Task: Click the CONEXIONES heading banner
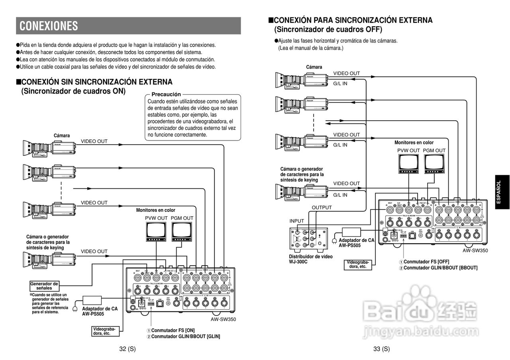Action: (x=128, y=26)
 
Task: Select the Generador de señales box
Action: (x=44, y=286)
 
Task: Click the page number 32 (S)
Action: (x=127, y=349)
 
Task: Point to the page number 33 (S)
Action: (x=381, y=349)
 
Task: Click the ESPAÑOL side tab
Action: (x=499, y=193)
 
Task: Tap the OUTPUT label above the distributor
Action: (x=322, y=207)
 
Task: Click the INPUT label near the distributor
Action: (x=296, y=221)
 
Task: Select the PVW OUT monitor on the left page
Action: (x=156, y=232)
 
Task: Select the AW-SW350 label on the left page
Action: (x=223, y=319)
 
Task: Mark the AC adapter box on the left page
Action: (x=92, y=300)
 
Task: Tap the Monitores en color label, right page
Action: (x=414, y=143)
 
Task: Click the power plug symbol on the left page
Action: (x=75, y=309)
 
